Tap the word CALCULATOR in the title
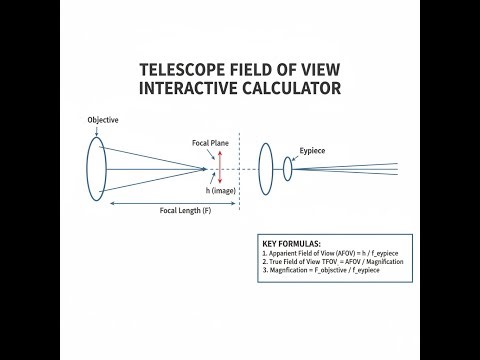point(289,89)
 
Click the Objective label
point(101,120)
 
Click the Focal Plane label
point(210,143)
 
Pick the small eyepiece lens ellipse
point(287,169)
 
